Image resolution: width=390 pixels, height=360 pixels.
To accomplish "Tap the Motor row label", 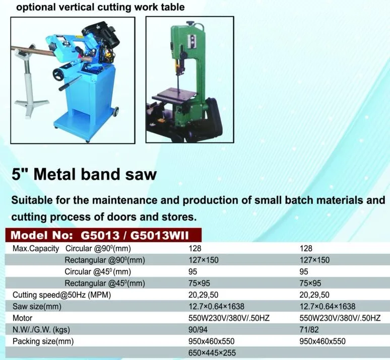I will pos(22,318).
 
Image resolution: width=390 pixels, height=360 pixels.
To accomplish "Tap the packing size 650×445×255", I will pos(212,353).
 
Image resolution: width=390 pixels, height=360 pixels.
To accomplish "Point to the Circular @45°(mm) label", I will pos(94,272).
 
